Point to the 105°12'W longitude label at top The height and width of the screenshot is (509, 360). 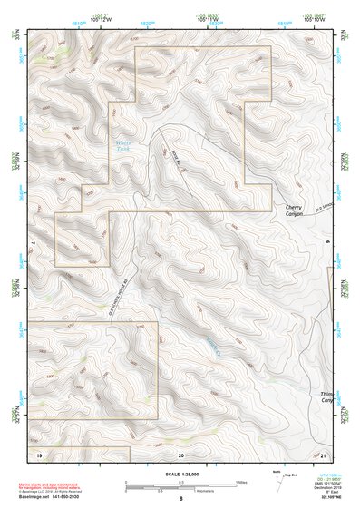pyautogui.click(x=101, y=20)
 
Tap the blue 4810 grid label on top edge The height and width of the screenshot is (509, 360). pyautogui.click(x=79, y=19)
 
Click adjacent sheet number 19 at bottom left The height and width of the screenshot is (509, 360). pyautogui.click(x=39, y=453)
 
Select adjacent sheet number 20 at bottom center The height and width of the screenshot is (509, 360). pyautogui.click(x=181, y=453)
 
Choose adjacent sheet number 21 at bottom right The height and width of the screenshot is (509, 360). pyautogui.click(x=325, y=453)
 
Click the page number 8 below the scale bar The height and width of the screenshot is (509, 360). pyautogui.click(x=181, y=498)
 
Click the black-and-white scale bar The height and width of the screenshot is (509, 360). pyautogui.click(x=180, y=480)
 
